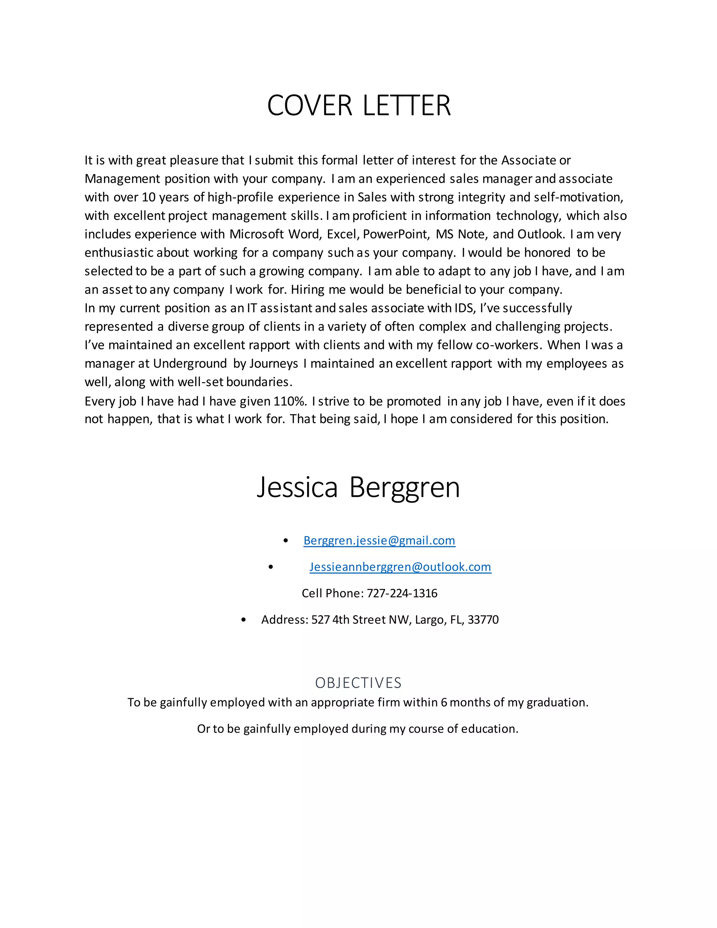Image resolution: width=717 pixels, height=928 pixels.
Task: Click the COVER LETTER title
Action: point(358,105)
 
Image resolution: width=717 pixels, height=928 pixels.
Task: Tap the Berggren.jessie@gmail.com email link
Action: point(379,540)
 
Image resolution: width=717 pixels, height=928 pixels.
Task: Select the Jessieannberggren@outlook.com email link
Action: point(400,567)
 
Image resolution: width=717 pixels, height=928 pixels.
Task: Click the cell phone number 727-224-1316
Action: point(402,593)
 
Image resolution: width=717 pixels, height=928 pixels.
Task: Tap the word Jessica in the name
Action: point(297,487)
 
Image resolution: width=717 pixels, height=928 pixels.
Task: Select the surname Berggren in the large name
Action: point(404,488)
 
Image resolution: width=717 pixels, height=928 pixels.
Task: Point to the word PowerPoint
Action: point(396,234)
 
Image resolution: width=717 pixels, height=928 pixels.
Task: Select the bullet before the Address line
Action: point(243,620)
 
